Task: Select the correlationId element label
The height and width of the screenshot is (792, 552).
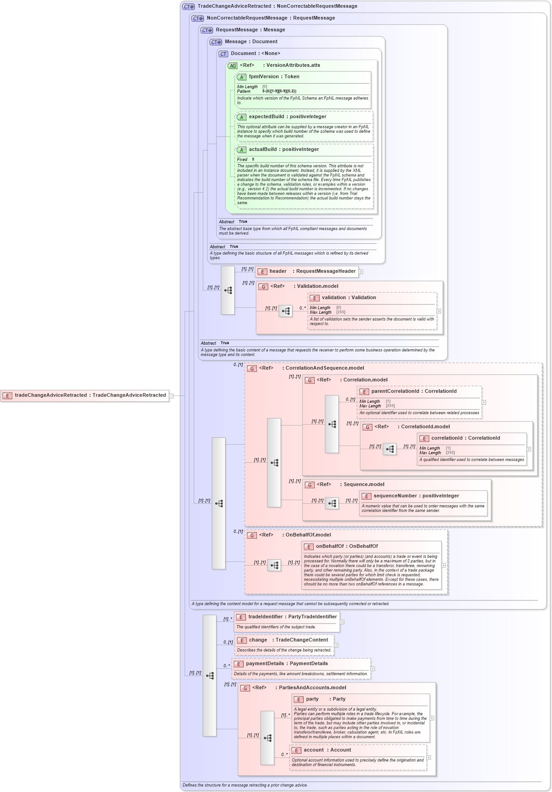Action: (465, 438)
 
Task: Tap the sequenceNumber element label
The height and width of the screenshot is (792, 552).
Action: (416, 496)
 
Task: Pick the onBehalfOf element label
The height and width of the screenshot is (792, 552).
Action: (346, 546)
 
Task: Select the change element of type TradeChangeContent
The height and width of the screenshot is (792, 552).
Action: (288, 640)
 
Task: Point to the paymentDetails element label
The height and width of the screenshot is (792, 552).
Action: (286, 664)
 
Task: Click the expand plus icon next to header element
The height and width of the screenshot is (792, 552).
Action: (361, 272)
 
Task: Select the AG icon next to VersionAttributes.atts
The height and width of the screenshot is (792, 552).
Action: (233, 66)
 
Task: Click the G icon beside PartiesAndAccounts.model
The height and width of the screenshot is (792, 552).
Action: (245, 688)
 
